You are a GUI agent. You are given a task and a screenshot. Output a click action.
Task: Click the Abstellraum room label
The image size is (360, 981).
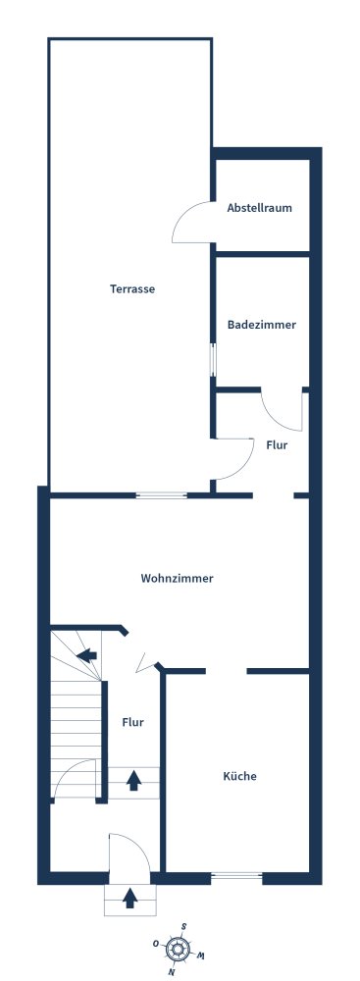(259, 208)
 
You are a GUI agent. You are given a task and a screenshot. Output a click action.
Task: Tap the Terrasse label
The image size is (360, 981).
(132, 289)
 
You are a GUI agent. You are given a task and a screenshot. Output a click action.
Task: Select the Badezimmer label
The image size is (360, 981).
(262, 326)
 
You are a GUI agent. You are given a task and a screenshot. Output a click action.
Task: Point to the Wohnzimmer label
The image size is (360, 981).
(178, 579)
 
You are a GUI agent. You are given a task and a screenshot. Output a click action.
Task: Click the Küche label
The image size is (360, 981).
(239, 776)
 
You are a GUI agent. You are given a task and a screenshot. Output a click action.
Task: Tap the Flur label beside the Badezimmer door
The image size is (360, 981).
(277, 445)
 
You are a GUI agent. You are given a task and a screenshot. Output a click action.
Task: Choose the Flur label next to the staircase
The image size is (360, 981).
(132, 723)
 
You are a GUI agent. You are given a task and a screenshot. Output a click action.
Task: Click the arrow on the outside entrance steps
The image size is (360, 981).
(129, 899)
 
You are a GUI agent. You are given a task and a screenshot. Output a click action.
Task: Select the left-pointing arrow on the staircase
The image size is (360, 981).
(87, 655)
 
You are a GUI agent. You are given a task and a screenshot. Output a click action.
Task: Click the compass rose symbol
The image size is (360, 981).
(178, 951)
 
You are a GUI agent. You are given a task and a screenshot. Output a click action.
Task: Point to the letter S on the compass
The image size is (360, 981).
(183, 927)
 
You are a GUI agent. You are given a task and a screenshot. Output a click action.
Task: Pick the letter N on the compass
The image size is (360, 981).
(172, 973)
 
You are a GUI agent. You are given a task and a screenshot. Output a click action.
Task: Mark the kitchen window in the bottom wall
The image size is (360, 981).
(236, 876)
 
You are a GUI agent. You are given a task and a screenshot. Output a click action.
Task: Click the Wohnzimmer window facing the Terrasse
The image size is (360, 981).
(162, 495)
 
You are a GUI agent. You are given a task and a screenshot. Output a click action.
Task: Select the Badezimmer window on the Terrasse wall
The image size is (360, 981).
(213, 360)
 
